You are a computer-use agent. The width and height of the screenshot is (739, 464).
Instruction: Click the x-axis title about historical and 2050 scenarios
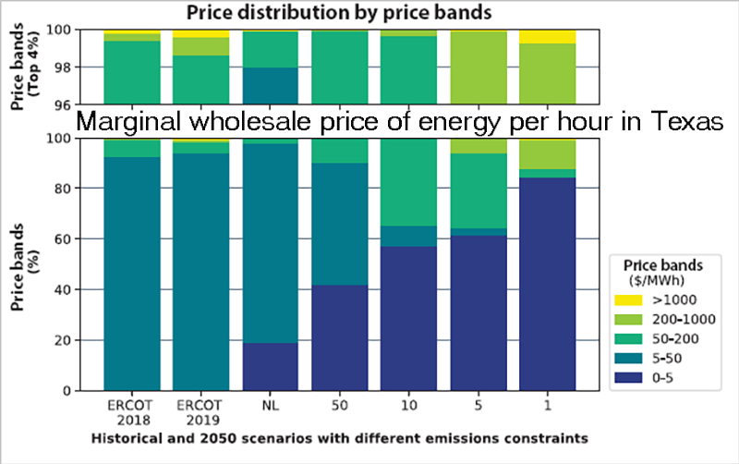[x=341, y=434]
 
